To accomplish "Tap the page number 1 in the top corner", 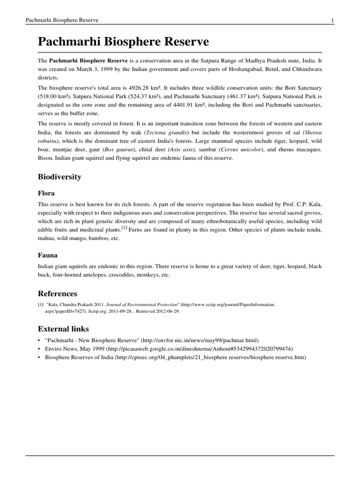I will click(x=332, y=20).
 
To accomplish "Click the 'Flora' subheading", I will click(x=46, y=193).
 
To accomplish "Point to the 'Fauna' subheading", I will click(x=48, y=255).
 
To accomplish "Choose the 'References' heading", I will click(x=57, y=293).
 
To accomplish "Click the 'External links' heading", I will click(x=63, y=329).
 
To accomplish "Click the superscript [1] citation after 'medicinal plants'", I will click(x=124, y=228).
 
